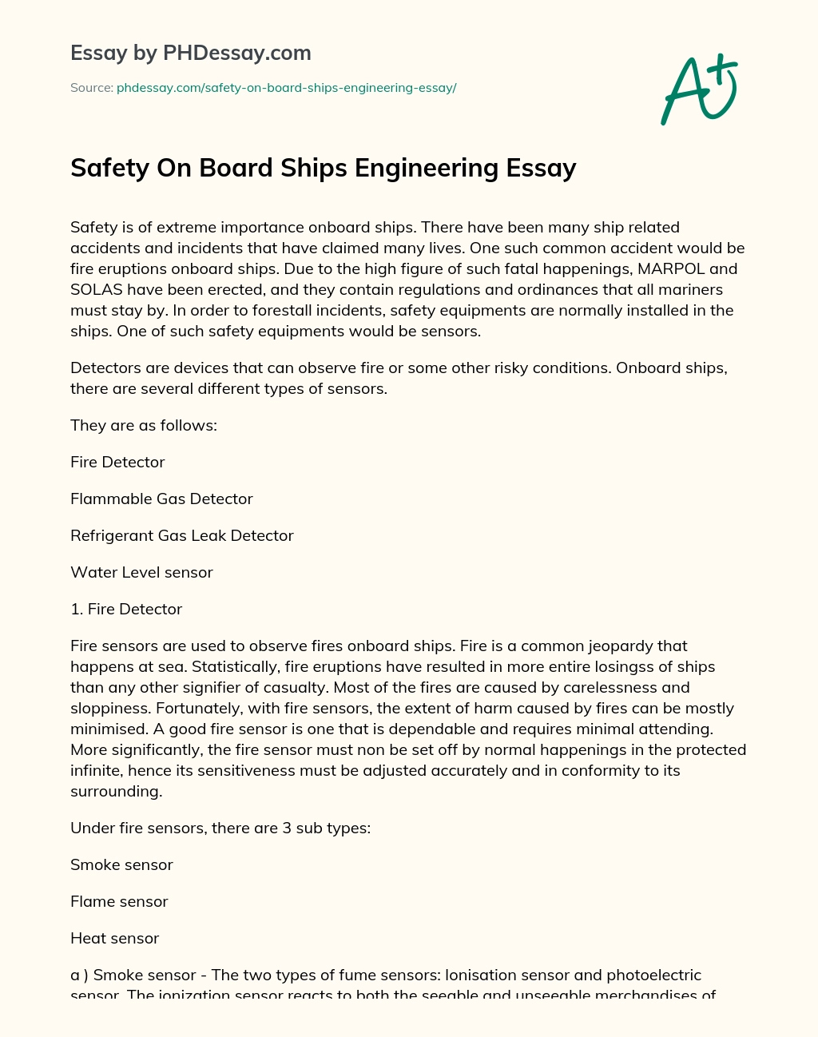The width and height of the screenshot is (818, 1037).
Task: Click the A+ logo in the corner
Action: pyautogui.click(x=699, y=89)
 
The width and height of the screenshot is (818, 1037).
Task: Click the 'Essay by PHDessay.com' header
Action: pyautogui.click(x=191, y=53)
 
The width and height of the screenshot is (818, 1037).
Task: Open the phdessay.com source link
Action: pyautogui.click(x=286, y=88)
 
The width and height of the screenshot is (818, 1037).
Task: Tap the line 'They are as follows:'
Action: pyautogui.click(x=144, y=425)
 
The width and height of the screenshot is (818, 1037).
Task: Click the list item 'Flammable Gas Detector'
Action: pyautogui.click(x=161, y=499)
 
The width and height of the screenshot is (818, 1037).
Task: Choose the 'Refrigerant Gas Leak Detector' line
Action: pyautogui.click(x=182, y=535)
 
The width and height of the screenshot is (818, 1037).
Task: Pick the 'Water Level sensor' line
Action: pyautogui.click(x=141, y=572)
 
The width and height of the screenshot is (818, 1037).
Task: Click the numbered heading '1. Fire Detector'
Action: pyautogui.click(x=126, y=609)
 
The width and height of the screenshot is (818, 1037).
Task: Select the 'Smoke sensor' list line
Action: pyautogui.click(x=121, y=864)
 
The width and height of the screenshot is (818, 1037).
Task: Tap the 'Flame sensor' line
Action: pyautogui.click(x=119, y=901)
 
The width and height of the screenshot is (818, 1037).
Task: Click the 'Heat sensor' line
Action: pyautogui.click(x=114, y=938)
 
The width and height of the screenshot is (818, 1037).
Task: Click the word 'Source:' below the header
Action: pyautogui.click(x=92, y=88)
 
